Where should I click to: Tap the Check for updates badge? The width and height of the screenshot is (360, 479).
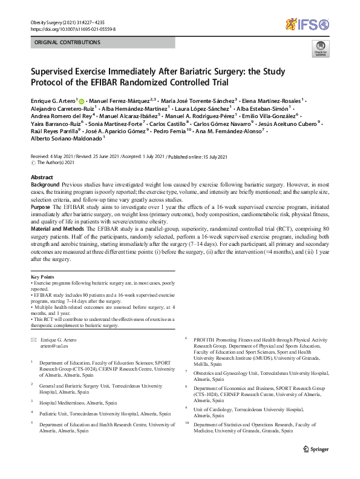pyautogui.click(x=319, y=48)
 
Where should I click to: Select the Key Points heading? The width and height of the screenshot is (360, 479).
pyautogui.click(x=42, y=276)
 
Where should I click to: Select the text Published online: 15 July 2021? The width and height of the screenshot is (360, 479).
pyautogui.click(x=197, y=157)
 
